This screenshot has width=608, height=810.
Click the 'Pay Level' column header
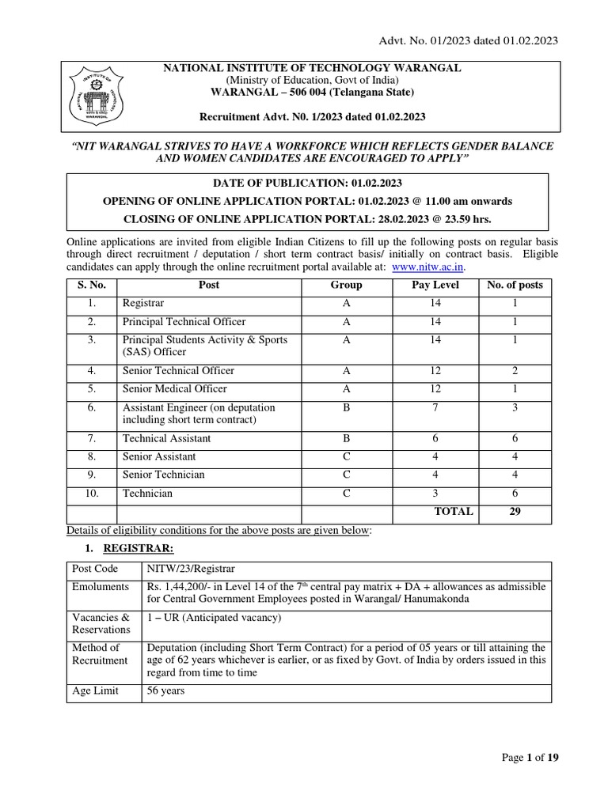click(435, 286)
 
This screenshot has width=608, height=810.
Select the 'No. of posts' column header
click(515, 286)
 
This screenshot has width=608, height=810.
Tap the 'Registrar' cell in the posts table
click(143, 304)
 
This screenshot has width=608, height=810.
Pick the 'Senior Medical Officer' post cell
click(174, 389)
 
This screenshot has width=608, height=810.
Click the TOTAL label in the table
click(454, 512)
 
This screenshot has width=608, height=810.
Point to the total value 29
click(515, 512)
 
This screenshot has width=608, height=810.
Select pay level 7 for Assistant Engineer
click(435, 408)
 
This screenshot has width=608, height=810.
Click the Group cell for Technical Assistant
click(346, 439)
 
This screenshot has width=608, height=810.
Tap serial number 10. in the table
click(92, 494)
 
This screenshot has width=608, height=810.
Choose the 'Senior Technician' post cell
click(163, 475)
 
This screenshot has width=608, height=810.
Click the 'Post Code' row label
click(95, 570)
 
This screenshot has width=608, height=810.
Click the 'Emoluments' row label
click(100, 587)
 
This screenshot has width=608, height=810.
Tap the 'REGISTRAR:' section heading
click(139, 548)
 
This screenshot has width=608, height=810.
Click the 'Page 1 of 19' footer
click(530, 758)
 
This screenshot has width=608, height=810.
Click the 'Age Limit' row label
click(95, 691)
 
